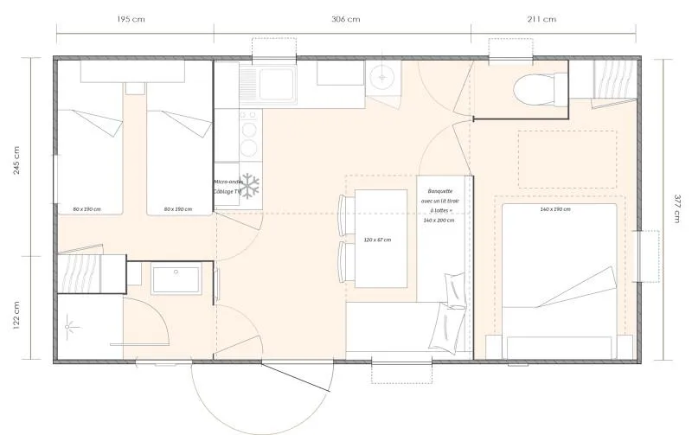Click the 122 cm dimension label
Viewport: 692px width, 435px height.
(18, 308)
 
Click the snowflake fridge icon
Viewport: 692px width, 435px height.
(250, 185)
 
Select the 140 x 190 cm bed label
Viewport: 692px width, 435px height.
(554, 209)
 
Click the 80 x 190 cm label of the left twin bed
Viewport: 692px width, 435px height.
(87, 209)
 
